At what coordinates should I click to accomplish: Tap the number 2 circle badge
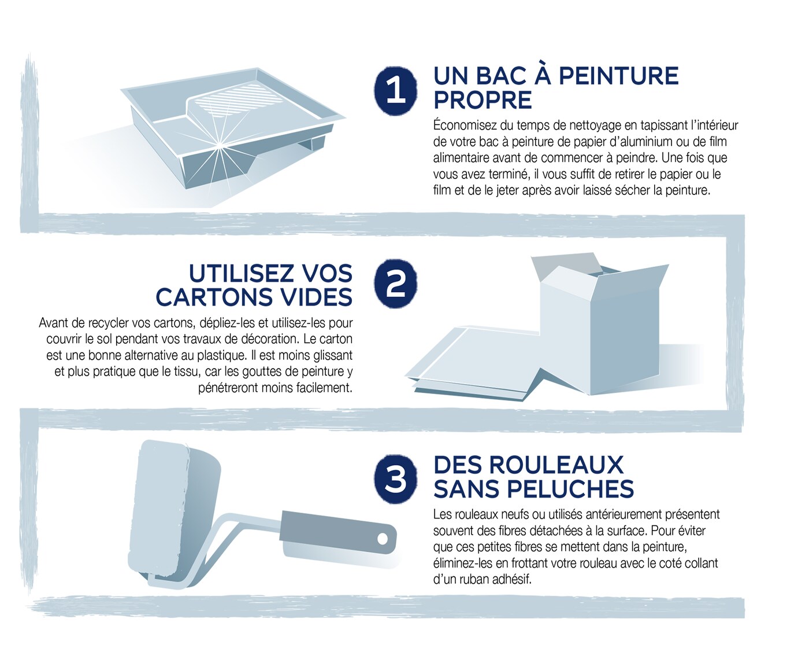point(396,283)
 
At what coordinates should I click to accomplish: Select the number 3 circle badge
point(396,478)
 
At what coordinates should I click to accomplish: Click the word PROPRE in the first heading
point(483,100)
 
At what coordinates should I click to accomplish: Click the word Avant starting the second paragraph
point(54,323)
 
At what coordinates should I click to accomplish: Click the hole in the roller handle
point(382,539)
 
